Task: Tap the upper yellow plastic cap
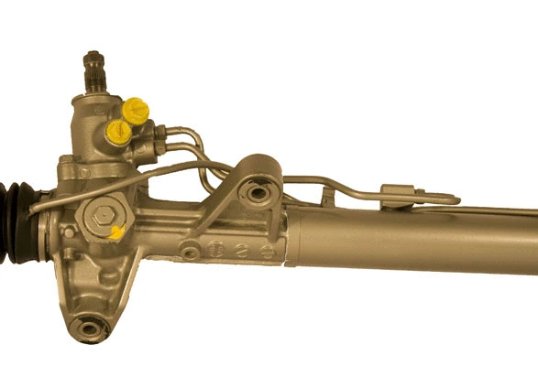[x=136, y=111]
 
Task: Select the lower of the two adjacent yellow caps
[x=118, y=132]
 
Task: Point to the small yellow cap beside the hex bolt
[x=116, y=232]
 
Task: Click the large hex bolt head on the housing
[x=98, y=218]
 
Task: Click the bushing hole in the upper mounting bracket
[x=258, y=193]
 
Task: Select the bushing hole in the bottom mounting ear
[x=88, y=328]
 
